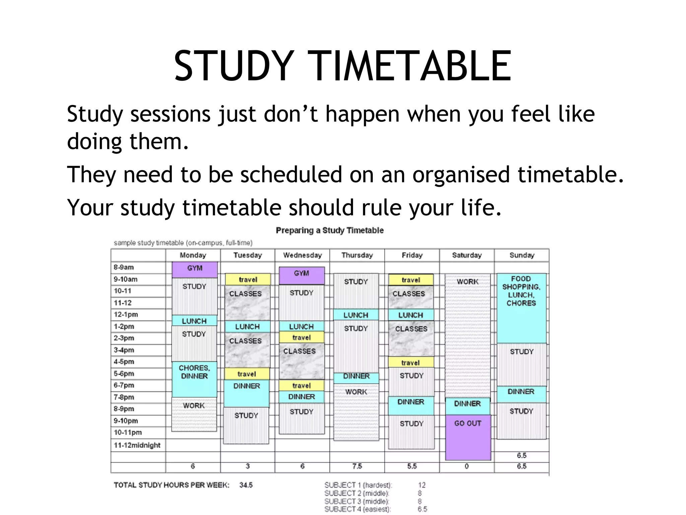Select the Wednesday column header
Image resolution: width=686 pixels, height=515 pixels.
[302, 255]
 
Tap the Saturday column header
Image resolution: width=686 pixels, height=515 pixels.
[467, 255]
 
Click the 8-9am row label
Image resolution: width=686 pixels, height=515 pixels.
[124, 267]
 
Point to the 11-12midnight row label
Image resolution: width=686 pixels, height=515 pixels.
[137, 445]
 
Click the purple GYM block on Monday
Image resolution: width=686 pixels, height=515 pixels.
[195, 269]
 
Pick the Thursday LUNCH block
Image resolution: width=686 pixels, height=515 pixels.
[356, 315]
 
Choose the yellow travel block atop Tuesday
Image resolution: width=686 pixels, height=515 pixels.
[248, 279]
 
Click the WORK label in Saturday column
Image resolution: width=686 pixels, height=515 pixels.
[467, 282]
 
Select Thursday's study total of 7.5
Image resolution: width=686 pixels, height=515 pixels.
[357, 466]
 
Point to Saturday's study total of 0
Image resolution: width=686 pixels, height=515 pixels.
[467, 466]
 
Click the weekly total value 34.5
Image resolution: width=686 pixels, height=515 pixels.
[246, 485]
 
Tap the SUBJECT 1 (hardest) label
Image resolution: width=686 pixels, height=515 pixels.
[358, 485]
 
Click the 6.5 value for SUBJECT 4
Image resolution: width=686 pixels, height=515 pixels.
[422, 509]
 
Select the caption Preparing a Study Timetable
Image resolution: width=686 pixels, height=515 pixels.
[330, 230]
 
